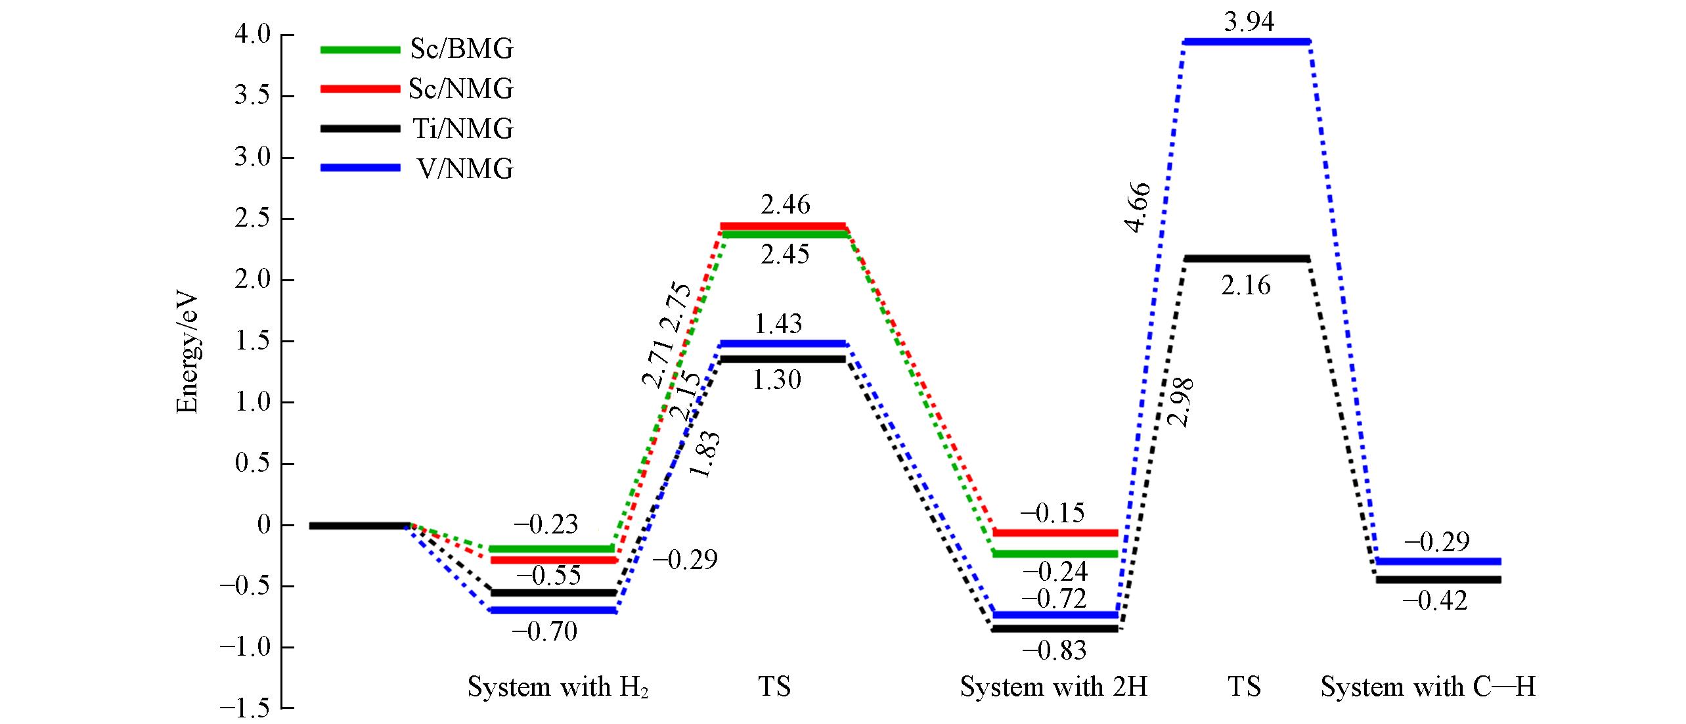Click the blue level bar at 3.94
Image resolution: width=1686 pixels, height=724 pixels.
point(1247,42)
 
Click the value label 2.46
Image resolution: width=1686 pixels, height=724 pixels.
point(786,206)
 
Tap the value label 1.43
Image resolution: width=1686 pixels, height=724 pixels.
point(778,324)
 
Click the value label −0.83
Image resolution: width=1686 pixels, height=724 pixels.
point(1054,650)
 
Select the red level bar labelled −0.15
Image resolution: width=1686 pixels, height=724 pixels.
point(1054,533)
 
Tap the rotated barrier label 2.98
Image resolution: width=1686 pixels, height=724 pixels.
point(1182,403)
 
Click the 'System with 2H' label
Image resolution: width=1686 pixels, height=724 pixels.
point(1054,687)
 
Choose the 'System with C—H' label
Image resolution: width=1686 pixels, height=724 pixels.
point(1429,687)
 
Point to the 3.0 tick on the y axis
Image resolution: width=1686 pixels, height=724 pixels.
point(253,158)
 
